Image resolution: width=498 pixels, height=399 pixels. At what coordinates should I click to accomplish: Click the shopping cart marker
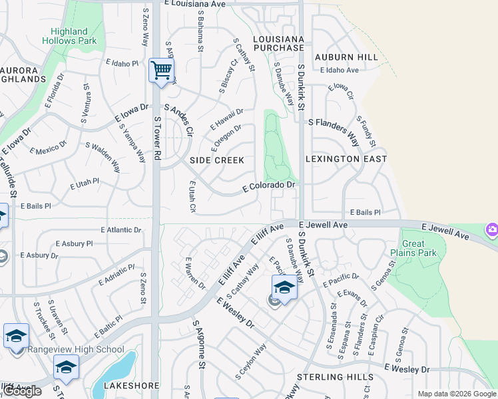[x=161, y=70]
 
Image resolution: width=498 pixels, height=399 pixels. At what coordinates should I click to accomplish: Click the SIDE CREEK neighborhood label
[x=217, y=160]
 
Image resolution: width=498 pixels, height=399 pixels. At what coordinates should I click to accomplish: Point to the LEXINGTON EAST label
[x=346, y=159]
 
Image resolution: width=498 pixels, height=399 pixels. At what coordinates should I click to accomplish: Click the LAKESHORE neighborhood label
[x=130, y=386]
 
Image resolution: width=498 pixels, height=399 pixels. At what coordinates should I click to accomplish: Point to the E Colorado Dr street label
[x=268, y=187]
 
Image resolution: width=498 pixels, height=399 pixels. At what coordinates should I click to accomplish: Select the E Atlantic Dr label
[x=121, y=229]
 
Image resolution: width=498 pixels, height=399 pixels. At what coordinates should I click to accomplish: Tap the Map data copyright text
[x=457, y=394]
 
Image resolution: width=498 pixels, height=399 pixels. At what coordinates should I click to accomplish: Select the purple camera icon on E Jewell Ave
[x=492, y=230]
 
